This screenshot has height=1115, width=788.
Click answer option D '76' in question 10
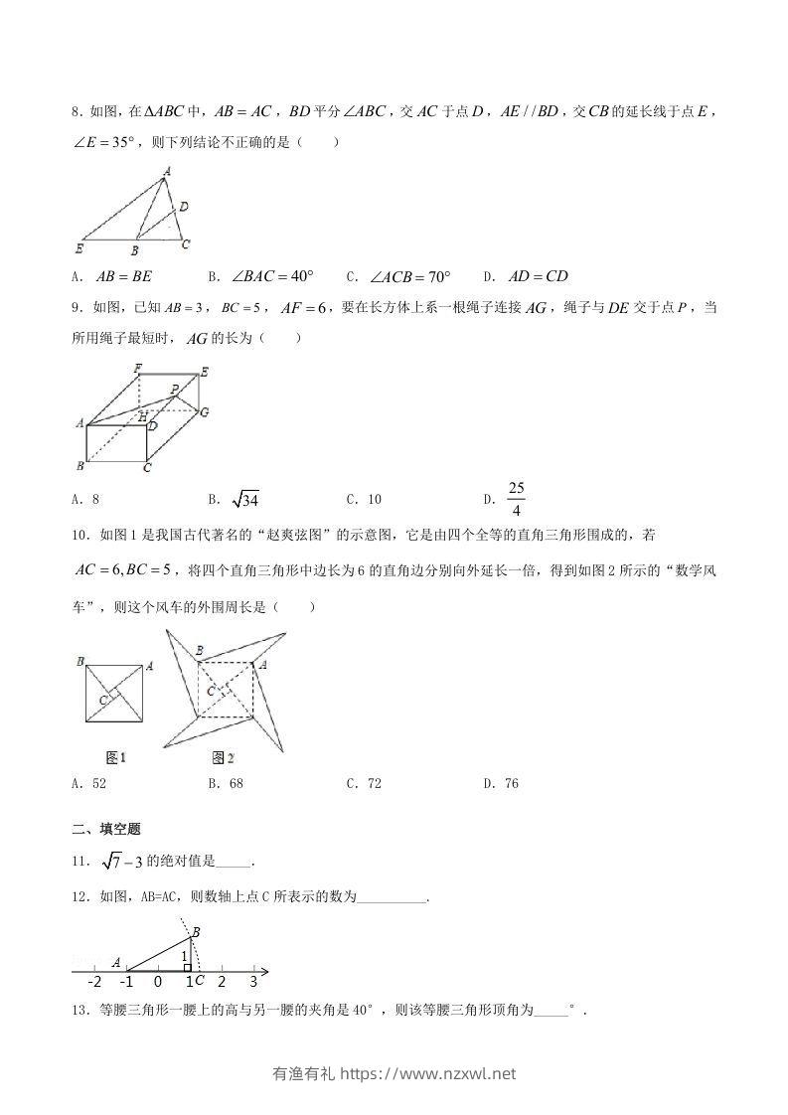point(511,783)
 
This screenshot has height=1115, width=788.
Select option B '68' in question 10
point(235,783)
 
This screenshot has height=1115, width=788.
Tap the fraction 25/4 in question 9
point(516,499)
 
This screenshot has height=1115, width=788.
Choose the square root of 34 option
point(243,499)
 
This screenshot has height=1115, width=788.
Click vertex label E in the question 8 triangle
point(79,247)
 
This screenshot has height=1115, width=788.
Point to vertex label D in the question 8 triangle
point(184,207)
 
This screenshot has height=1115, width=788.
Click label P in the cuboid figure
point(174,389)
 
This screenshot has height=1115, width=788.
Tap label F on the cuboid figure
point(138,369)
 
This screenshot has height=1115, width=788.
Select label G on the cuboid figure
point(204,411)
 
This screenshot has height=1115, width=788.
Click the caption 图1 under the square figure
point(116,758)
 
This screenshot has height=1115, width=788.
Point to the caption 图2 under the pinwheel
point(223,758)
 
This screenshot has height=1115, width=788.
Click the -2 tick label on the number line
point(94,983)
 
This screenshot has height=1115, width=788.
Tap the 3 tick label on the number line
point(253,983)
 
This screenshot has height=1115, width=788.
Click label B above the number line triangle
point(195,931)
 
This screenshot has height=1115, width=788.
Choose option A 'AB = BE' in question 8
point(117,276)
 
